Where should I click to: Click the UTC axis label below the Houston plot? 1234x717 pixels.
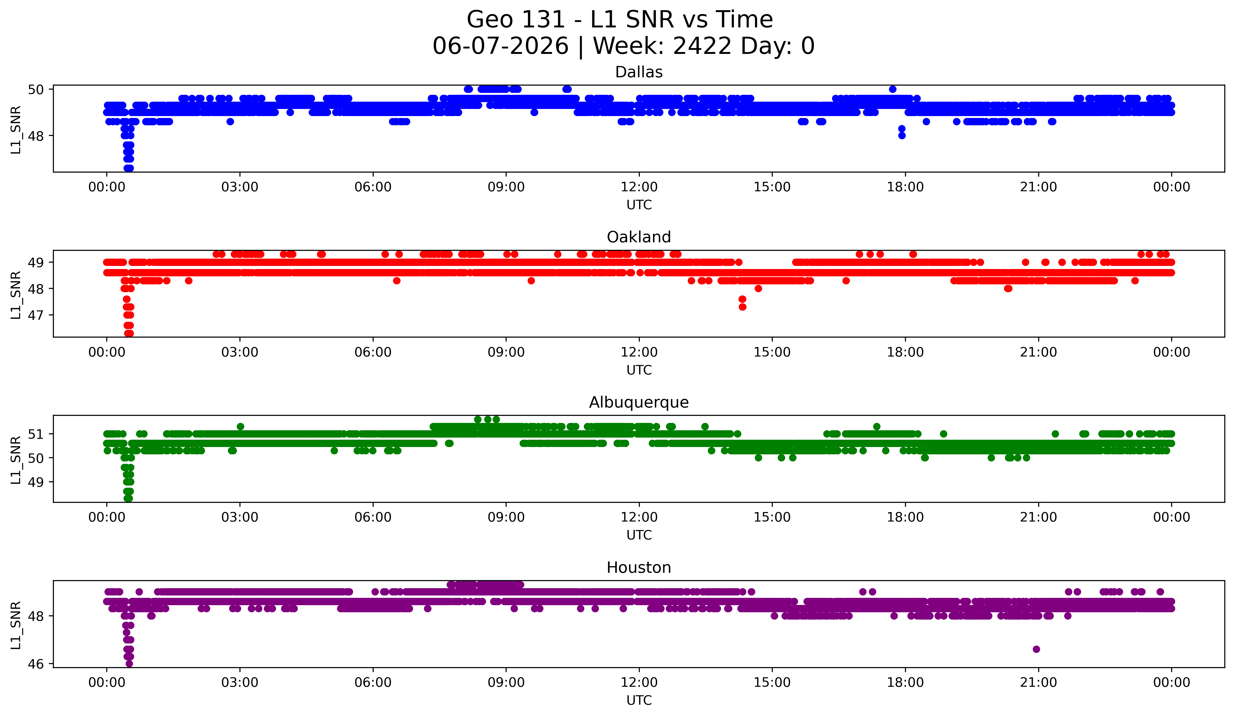[x=639, y=700]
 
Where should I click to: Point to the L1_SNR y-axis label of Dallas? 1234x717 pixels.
[x=16, y=130]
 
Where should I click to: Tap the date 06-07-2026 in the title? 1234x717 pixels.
[x=500, y=46]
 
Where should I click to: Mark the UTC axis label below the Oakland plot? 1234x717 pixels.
[x=639, y=370]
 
